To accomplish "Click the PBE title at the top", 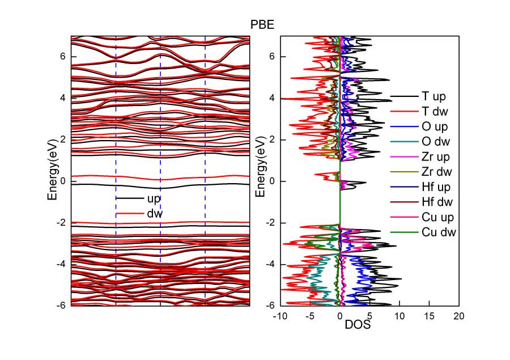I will click(264, 25).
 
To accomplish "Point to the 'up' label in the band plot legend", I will click(154, 198).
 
